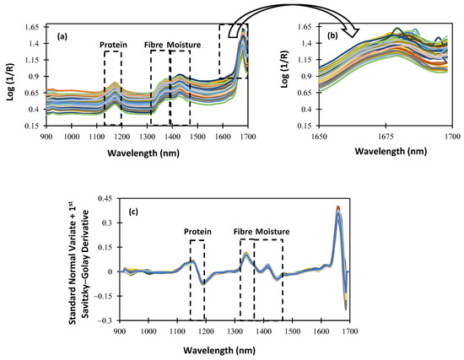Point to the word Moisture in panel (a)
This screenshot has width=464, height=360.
tap(185, 44)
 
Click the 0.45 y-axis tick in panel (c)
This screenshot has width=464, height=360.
tap(106, 199)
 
